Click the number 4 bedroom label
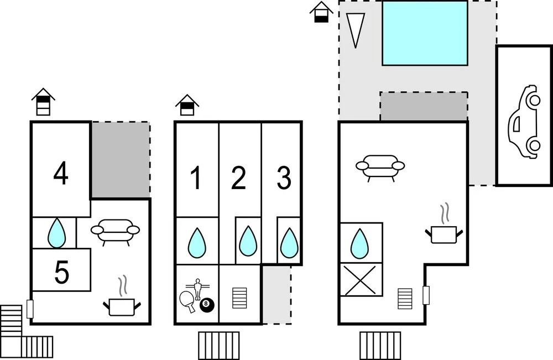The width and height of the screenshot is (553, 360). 61,174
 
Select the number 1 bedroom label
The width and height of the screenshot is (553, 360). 196,178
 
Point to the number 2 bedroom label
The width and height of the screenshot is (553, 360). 238,178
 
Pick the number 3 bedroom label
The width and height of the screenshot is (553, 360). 283,178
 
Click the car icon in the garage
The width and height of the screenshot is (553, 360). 524,121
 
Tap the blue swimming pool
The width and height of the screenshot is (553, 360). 425,33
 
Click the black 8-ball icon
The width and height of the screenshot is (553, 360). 206,304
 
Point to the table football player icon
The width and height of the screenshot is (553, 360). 197,288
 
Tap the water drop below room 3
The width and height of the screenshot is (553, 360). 289,243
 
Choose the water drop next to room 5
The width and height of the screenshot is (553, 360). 56,233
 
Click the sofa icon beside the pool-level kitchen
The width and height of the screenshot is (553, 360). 380,166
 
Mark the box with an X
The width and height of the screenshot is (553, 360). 361,280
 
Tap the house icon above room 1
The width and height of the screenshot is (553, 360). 187,105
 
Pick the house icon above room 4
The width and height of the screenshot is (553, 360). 43,102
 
